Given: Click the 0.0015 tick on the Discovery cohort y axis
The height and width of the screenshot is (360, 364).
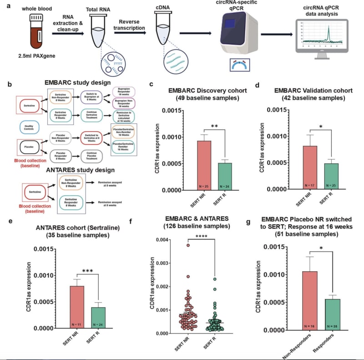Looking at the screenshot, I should (x=170, y=111).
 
